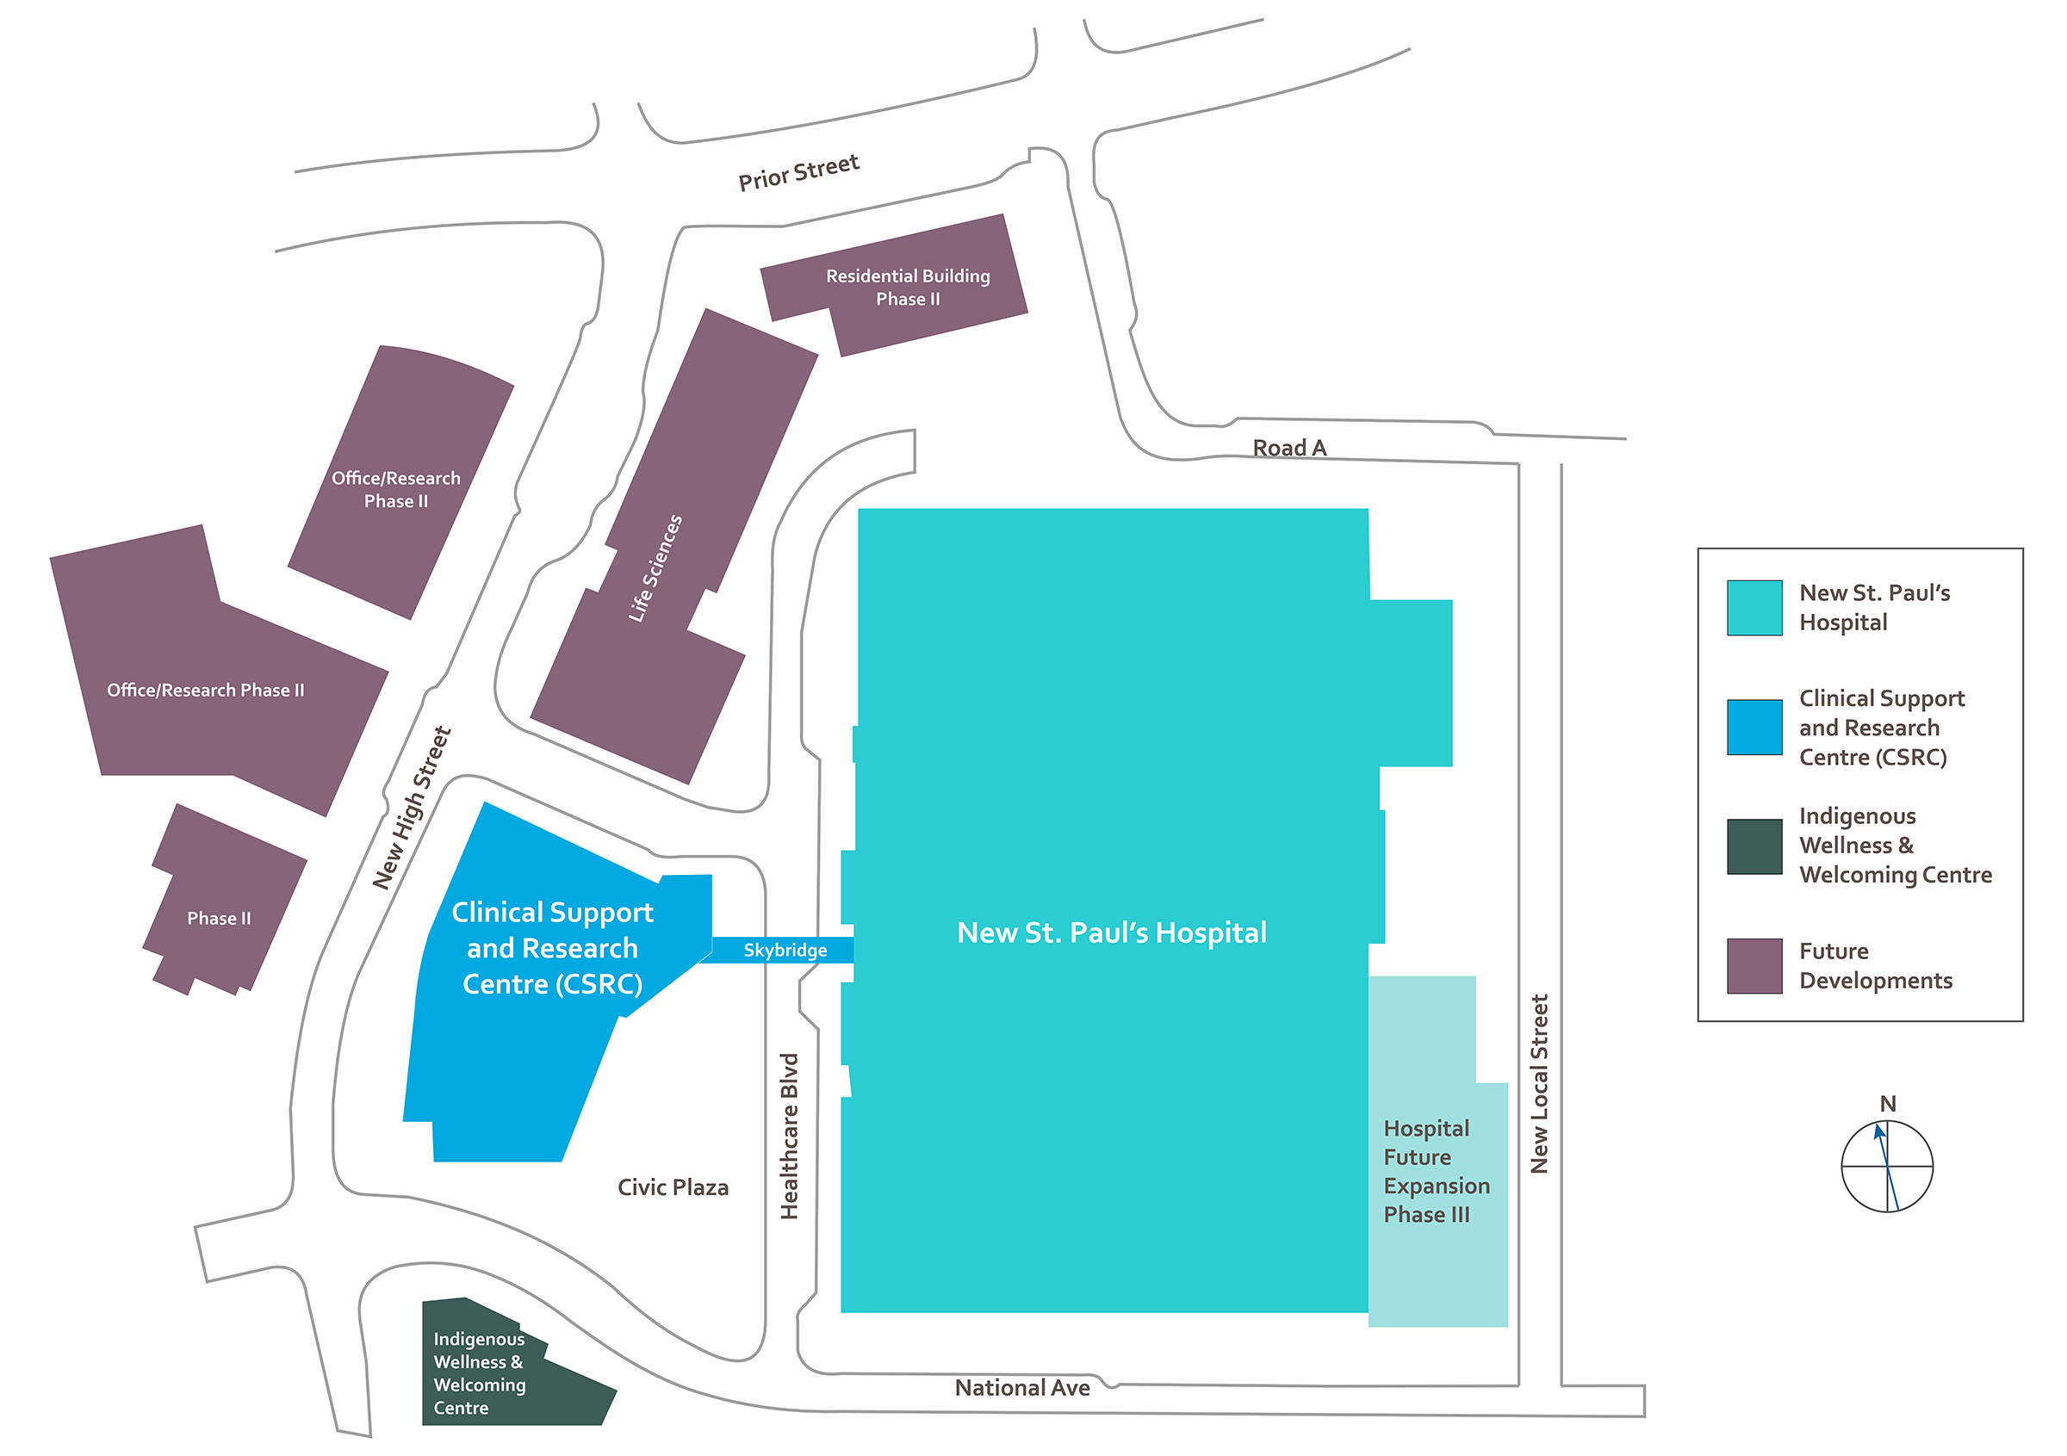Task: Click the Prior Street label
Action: (x=798, y=172)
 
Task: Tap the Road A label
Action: (x=1289, y=447)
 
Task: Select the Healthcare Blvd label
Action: (x=790, y=1136)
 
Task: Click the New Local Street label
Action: (x=1539, y=1083)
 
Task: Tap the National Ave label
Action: (x=1021, y=1388)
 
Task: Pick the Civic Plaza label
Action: (x=673, y=1187)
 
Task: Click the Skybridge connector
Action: (x=784, y=950)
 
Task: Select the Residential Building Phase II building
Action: (x=908, y=286)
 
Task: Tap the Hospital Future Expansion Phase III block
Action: (x=1437, y=1170)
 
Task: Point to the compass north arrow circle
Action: (x=1887, y=1165)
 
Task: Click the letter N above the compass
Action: (x=1888, y=1103)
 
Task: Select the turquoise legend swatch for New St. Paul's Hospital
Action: (x=1754, y=607)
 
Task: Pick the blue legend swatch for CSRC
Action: (x=1754, y=726)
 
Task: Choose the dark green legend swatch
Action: (x=1754, y=846)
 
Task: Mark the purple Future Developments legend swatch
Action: (x=1754, y=965)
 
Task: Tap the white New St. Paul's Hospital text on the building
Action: (x=1111, y=932)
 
